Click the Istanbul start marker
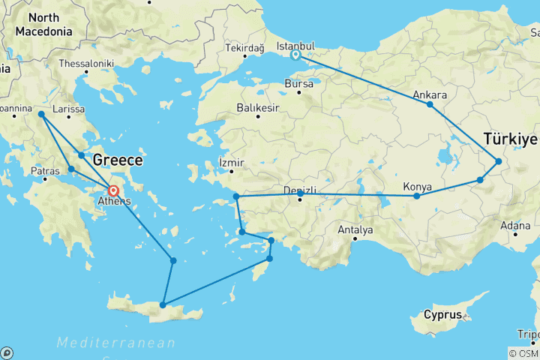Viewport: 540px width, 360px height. tap(296, 55)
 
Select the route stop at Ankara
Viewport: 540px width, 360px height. tap(430, 104)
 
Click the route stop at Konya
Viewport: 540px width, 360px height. tap(417, 196)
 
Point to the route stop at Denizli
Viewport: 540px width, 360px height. tap(300, 194)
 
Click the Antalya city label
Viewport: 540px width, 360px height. tap(355, 229)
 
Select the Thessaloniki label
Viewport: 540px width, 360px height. tap(85, 64)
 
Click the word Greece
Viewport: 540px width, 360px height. tap(117, 160)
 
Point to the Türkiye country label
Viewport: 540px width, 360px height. tap(511, 139)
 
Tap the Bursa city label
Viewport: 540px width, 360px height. tap(299, 84)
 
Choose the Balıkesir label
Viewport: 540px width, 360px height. tap(258, 108)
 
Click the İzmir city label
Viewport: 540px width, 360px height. tap(231, 161)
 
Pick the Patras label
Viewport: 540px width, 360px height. tap(45, 171)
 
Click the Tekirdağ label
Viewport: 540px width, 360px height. tap(244, 49)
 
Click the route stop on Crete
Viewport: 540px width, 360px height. tap(162, 306)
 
